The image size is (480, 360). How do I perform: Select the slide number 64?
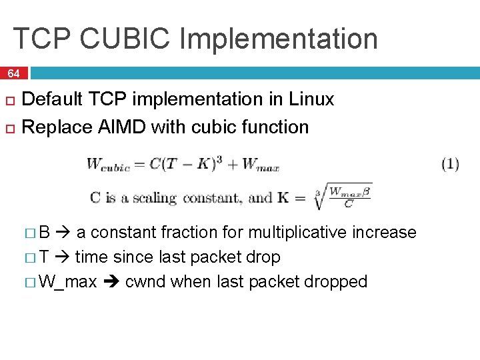pyautogui.click(x=13, y=73)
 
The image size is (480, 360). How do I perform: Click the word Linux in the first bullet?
pyautogui.click(x=311, y=99)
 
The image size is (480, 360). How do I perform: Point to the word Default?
pyautogui.click(x=53, y=99)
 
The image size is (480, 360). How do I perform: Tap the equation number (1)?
pyautogui.click(x=450, y=164)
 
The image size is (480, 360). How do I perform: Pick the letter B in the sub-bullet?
pyautogui.click(x=45, y=232)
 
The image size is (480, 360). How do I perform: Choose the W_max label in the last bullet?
pyautogui.click(x=67, y=281)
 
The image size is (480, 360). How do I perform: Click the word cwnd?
pyautogui.click(x=145, y=281)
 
